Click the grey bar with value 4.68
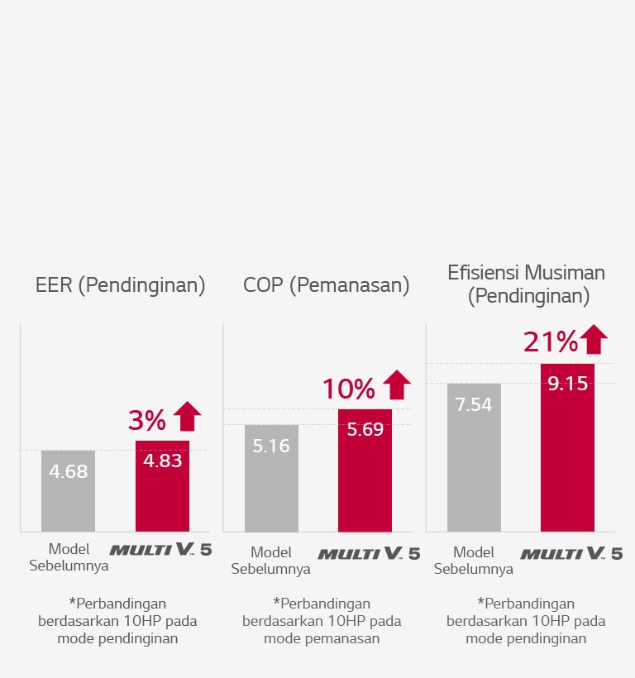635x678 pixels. pyautogui.click(x=69, y=490)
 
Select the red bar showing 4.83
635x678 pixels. pyautogui.click(x=162, y=486)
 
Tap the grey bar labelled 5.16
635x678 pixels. pyautogui.click(x=272, y=478)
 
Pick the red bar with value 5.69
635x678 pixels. pyautogui.click(x=365, y=470)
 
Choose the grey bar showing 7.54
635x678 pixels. pyautogui.click(x=474, y=457)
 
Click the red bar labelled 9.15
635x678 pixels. pyautogui.click(x=567, y=447)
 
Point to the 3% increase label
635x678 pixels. pyautogui.click(x=147, y=421)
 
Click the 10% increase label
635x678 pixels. pyautogui.click(x=348, y=389)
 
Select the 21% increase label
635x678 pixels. pyautogui.click(x=549, y=342)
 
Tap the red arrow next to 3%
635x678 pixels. pyautogui.click(x=188, y=416)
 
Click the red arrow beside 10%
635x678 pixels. pyautogui.click(x=397, y=384)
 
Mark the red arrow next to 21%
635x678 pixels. pyautogui.click(x=594, y=339)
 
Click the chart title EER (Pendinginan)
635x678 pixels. pyautogui.click(x=120, y=286)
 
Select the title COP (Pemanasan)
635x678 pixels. pyautogui.click(x=327, y=286)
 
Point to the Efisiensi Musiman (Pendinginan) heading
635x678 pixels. pyautogui.click(x=527, y=284)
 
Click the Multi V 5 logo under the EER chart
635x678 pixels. pyautogui.click(x=160, y=549)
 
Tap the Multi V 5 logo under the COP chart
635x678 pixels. pyautogui.click(x=369, y=553)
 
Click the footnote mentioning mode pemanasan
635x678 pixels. pyautogui.click(x=322, y=620)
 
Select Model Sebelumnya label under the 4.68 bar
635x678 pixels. pyautogui.click(x=69, y=557)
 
